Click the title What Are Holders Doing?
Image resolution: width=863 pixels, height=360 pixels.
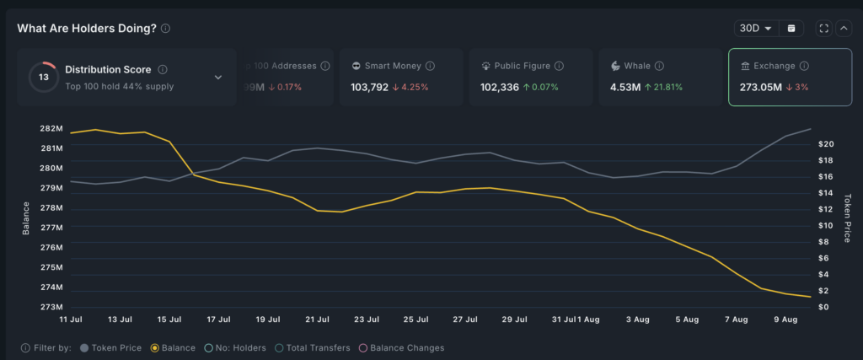coord(87,28)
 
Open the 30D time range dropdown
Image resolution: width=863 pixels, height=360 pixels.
coord(756,28)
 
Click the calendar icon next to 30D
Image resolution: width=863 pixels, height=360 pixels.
coord(791,28)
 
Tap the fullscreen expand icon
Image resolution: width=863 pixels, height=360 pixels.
coord(824,28)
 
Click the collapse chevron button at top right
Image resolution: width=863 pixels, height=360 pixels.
coord(844,28)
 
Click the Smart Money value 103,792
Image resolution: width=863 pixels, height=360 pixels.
coord(369,87)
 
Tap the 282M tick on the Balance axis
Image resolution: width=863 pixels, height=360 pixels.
coord(51,128)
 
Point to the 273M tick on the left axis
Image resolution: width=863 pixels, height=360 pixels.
coord(51,308)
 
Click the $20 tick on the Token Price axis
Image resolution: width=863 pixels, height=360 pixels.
coord(827,144)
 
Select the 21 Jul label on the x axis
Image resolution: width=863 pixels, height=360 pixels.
coord(317,320)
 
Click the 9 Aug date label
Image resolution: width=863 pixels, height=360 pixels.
coord(785,320)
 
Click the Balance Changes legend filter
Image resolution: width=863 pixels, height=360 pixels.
coord(402,347)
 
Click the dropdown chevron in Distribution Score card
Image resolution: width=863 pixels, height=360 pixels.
coord(218,78)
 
